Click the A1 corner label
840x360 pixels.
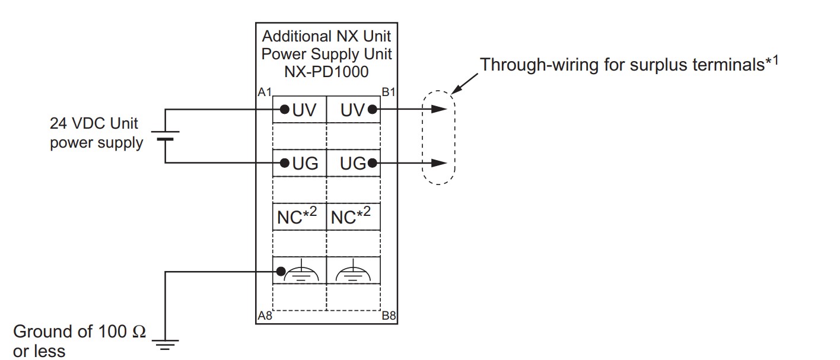pyautogui.click(x=265, y=92)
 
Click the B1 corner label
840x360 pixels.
pyautogui.click(x=389, y=92)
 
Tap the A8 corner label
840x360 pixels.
pyautogui.click(x=265, y=316)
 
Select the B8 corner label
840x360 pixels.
pyautogui.click(x=389, y=316)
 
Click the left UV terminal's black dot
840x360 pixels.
pyautogui.click(x=285, y=110)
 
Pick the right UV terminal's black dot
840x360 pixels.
pyautogui.click(x=373, y=110)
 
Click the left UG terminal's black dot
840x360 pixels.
pyautogui.click(x=285, y=163)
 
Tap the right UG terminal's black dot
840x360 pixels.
pyautogui.click(x=373, y=163)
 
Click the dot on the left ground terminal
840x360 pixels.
pyautogui.click(x=281, y=271)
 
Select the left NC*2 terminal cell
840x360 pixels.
pyautogui.click(x=299, y=216)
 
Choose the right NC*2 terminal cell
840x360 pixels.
pyautogui.click(x=353, y=216)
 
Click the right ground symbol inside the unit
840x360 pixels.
pyautogui.click(x=353, y=272)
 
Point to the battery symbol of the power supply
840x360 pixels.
pyautogui.click(x=165, y=136)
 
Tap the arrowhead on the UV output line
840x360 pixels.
pyautogui.click(x=439, y=109)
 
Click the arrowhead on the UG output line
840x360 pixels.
pyautogui.click(x=439, y=163)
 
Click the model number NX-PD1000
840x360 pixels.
pyautogui.click(x=326, y=72)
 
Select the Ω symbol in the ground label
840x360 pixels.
pyautogui.click(x=139, y=332)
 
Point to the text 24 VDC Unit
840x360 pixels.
pyautogui.click(x=94, y=123)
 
